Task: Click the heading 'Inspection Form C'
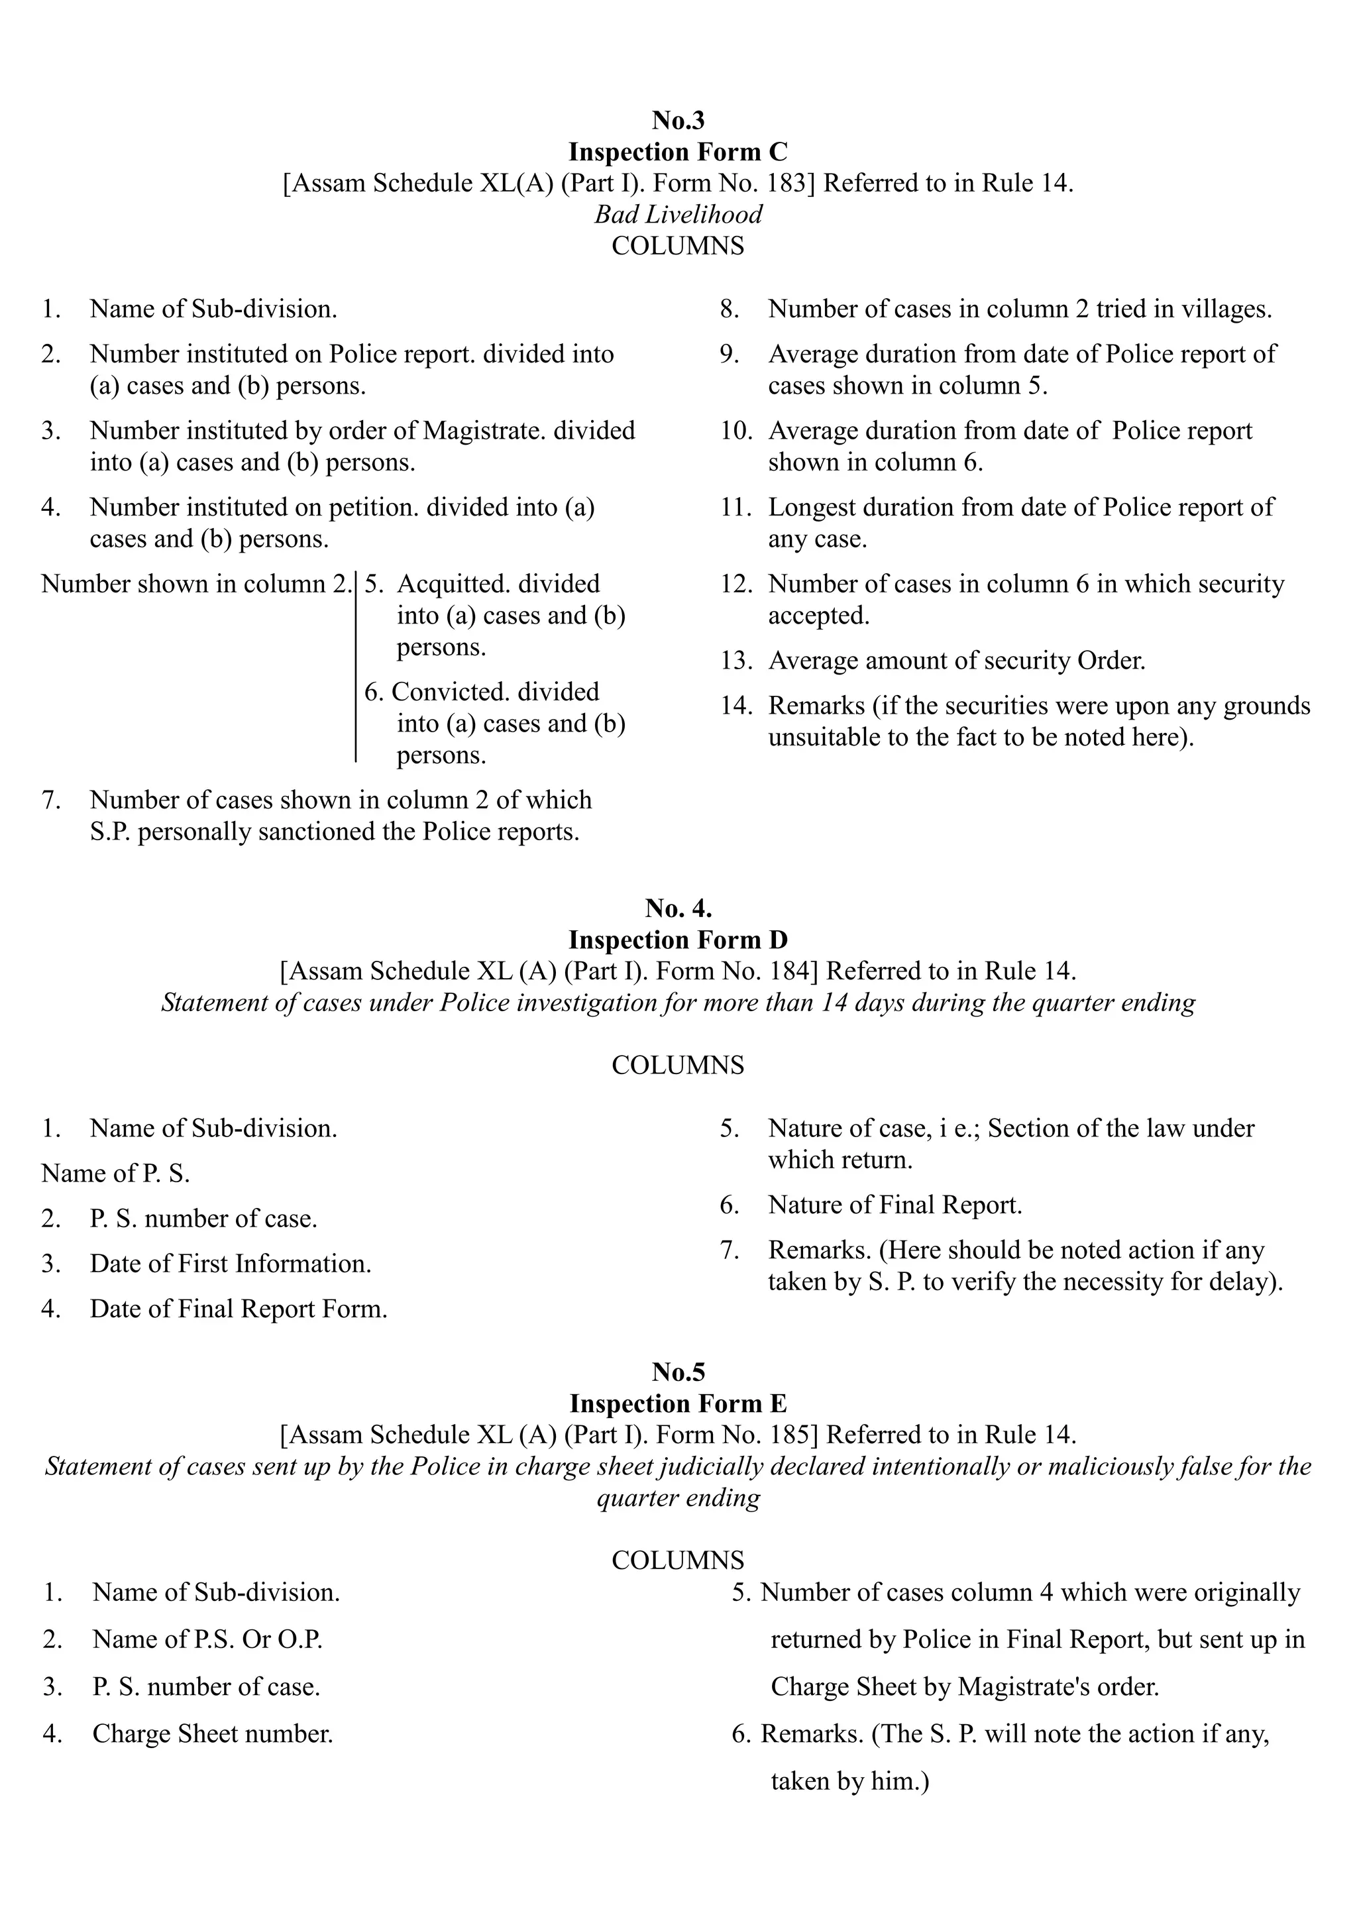click(x=678, y=152)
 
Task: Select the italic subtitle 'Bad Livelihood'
click(x=678, y=215)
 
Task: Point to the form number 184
click(x=787, y=971)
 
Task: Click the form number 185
click(x=787, y=1435)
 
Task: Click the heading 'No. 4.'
click(x=678, y=908)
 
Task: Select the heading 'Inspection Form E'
click(x=678, y=1403)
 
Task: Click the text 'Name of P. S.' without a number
click(x=115, y=1174)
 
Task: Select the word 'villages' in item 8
click(x=1224, y=309)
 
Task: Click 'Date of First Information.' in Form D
click(x=231, y=1264)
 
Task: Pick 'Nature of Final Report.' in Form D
click(x=895, y=1205)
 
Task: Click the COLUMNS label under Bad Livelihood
click(x=678, y=247)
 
